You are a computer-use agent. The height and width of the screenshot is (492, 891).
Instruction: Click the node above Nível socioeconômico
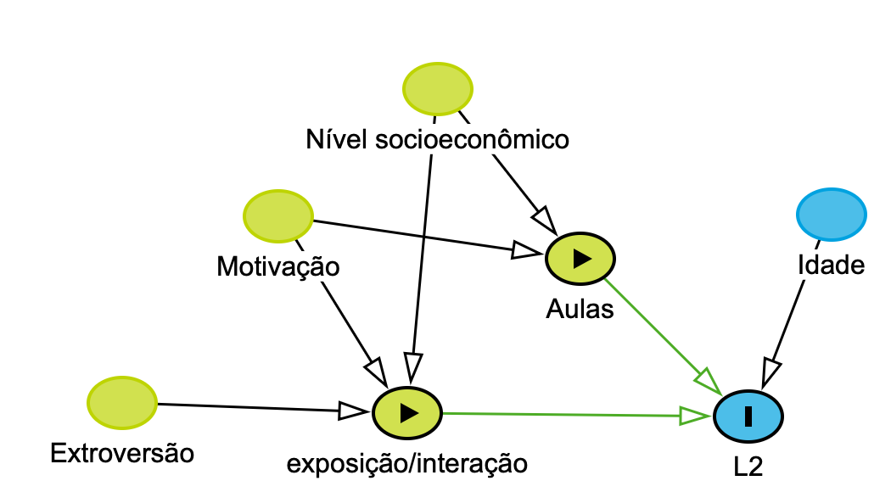pos(437,88)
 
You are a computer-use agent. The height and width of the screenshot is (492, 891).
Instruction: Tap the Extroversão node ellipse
pos(122,402)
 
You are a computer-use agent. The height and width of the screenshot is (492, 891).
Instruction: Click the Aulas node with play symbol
pos(580,259)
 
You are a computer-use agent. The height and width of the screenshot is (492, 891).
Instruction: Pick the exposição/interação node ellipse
pos(407,413)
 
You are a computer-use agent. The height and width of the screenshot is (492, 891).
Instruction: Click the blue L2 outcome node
pos(748,417)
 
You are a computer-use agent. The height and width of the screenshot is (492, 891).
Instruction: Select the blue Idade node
pos(832,214)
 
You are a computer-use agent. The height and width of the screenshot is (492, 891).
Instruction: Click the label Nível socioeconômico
pos(437,139)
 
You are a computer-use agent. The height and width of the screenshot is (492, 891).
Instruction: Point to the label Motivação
pos(278,267)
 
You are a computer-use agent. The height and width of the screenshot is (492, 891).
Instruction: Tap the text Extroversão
pos(122,454)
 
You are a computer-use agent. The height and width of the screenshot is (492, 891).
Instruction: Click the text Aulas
pos(580,309)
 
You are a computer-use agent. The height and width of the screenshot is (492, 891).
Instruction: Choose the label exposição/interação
pos(407,464)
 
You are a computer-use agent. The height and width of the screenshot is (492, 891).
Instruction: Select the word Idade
pos(832,266)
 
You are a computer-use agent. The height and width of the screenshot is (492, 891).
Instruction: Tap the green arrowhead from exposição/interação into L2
pos(696,416)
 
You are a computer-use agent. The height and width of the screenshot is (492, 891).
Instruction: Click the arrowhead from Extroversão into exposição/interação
pos(353,411)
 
